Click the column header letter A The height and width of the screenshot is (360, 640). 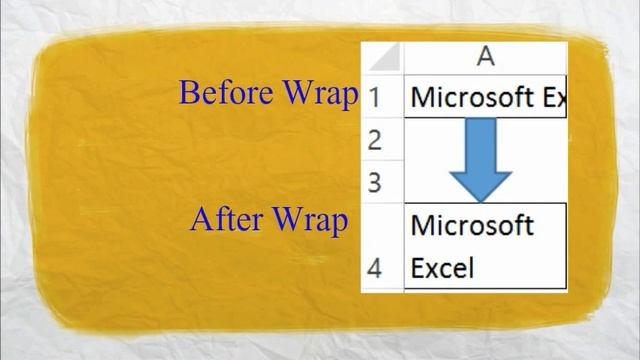[x=486, y=57]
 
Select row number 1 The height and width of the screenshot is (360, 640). [x=376, y=98]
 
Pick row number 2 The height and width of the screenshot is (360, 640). [x=376, y=141]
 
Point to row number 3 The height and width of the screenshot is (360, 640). [x=376, y=183]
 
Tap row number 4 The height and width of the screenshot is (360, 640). [x=376, y=269]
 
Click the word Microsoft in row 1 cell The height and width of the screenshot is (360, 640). [x=471, y=98]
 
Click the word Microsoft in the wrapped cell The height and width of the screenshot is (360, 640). [x=471, y=226]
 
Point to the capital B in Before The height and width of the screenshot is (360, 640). [x=188, y=93]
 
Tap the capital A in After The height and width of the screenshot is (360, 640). [x=199, y=218]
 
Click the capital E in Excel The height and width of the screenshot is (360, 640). [x=418, y=269]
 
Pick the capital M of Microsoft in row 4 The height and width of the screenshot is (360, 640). [x=421, y=226]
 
